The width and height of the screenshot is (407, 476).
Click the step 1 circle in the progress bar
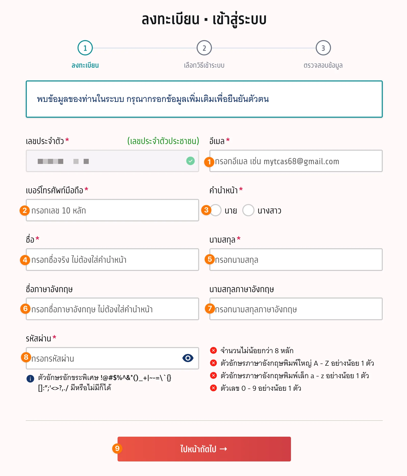85,48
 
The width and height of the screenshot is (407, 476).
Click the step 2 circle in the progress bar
204,48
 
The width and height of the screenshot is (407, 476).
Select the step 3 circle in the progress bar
323,48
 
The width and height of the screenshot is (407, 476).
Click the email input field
296,161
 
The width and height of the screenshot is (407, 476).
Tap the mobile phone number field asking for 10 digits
112,210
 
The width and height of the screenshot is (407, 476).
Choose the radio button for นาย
216,210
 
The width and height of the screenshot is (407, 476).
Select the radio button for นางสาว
248,210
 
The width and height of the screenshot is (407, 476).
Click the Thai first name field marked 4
112,260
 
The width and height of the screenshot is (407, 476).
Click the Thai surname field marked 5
296,260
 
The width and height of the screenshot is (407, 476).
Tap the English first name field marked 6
112,309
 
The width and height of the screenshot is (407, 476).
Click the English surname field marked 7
296,309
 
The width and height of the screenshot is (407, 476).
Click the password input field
102,358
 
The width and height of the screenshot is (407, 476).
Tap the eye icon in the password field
188,358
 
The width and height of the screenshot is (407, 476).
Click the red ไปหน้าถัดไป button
204,449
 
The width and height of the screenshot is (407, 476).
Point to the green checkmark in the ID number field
190,161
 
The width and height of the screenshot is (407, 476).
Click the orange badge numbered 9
117,448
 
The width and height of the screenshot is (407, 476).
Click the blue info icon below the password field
30,378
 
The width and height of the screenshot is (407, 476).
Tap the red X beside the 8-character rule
213,350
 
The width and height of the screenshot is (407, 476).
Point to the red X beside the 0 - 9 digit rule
213,388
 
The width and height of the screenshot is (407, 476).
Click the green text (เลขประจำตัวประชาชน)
163,141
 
